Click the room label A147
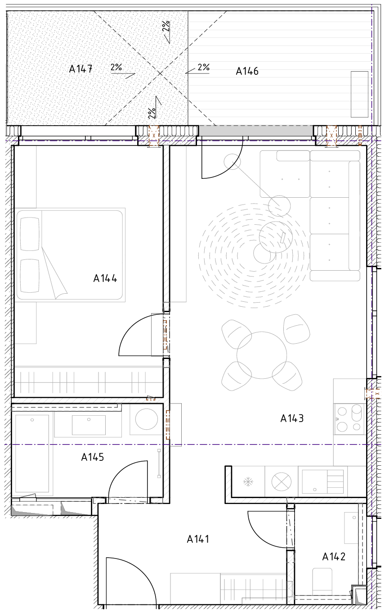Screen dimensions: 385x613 coord(81,69)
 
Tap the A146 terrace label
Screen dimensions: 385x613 coord(247,71)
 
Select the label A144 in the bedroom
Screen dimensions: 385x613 coord(105,278)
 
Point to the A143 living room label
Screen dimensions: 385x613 coord(292,418)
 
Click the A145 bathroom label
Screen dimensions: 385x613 coord(93,457)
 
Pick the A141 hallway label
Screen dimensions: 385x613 coord(198,539)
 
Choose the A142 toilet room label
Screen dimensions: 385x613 coord(334,557)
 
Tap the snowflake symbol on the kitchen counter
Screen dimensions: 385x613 coord(248,482)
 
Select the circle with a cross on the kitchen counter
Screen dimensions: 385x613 coord(282,482)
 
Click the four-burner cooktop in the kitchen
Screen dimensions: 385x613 coord(349,419)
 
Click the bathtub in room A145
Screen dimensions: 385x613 coord(32,454)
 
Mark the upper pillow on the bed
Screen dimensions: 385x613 coord(30,234)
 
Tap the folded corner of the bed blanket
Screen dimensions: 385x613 coord(55,274)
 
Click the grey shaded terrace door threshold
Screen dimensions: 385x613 coord(256,131)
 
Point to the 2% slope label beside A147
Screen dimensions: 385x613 coord(116,67)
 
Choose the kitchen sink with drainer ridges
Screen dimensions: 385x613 coord(322,482)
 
